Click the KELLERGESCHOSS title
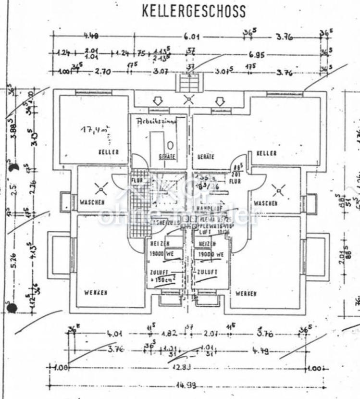click(x=194, y=12)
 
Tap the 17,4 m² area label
click(x=95, y=129)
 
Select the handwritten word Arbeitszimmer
click(x=157, y=121)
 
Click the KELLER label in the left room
click(x=108, y=152)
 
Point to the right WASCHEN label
click(x=265, y=203)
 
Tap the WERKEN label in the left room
click(x=96, y=292)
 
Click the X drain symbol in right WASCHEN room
click(x=278, y=191)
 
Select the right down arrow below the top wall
click(x=220, y=101)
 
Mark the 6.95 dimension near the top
click(x=257, y=55)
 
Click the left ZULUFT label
click(x=160, y=272)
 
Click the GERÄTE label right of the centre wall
click(x=206, y=157)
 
